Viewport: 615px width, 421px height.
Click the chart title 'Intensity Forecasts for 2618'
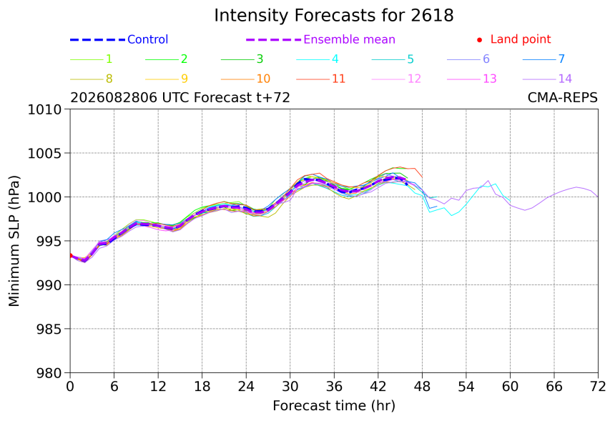(334, 16)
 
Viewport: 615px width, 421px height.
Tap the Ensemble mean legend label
(349, 39)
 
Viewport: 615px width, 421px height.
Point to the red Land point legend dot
(479, 39)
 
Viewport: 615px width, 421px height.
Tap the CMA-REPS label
(563, 97)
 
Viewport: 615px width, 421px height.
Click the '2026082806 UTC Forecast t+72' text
(180, 97)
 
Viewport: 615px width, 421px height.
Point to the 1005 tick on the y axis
(44, 153)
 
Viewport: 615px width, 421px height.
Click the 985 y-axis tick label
(49, 329)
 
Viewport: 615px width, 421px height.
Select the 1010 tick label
(44, 109)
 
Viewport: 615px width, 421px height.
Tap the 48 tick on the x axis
(422, 387)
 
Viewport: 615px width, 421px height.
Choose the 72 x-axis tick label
(598, 387)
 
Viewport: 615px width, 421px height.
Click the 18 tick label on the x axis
(202, 387)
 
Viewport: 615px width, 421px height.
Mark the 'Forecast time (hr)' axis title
(334, 406)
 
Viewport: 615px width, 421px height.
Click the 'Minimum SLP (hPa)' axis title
(14, 241)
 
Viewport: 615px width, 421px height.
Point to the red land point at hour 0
(71, 256)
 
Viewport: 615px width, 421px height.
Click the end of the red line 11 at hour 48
(422, 177)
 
